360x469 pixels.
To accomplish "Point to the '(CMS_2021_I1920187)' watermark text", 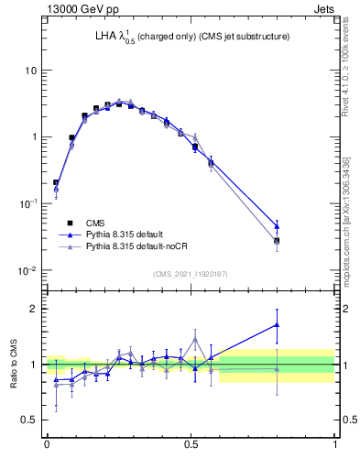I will coord(191,273).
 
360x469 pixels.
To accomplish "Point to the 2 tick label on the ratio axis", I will coord(35,309).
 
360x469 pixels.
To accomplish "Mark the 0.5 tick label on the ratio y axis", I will coord(30,420).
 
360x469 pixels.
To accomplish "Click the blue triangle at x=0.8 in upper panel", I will coord(277,225).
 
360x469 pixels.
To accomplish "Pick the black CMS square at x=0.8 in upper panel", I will coord(277,241).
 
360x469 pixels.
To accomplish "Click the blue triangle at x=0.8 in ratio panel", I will coord(277,324).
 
